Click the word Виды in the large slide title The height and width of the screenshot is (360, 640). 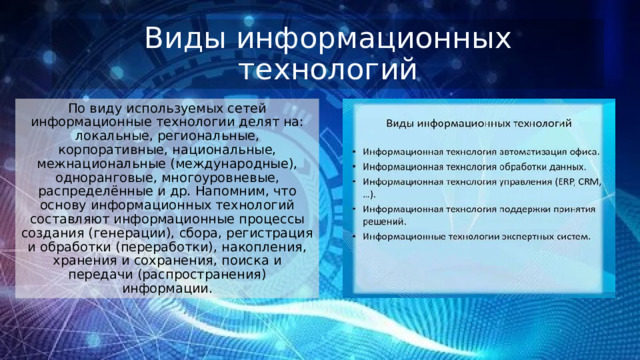[176, 39]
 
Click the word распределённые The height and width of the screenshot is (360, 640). [101, 190]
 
